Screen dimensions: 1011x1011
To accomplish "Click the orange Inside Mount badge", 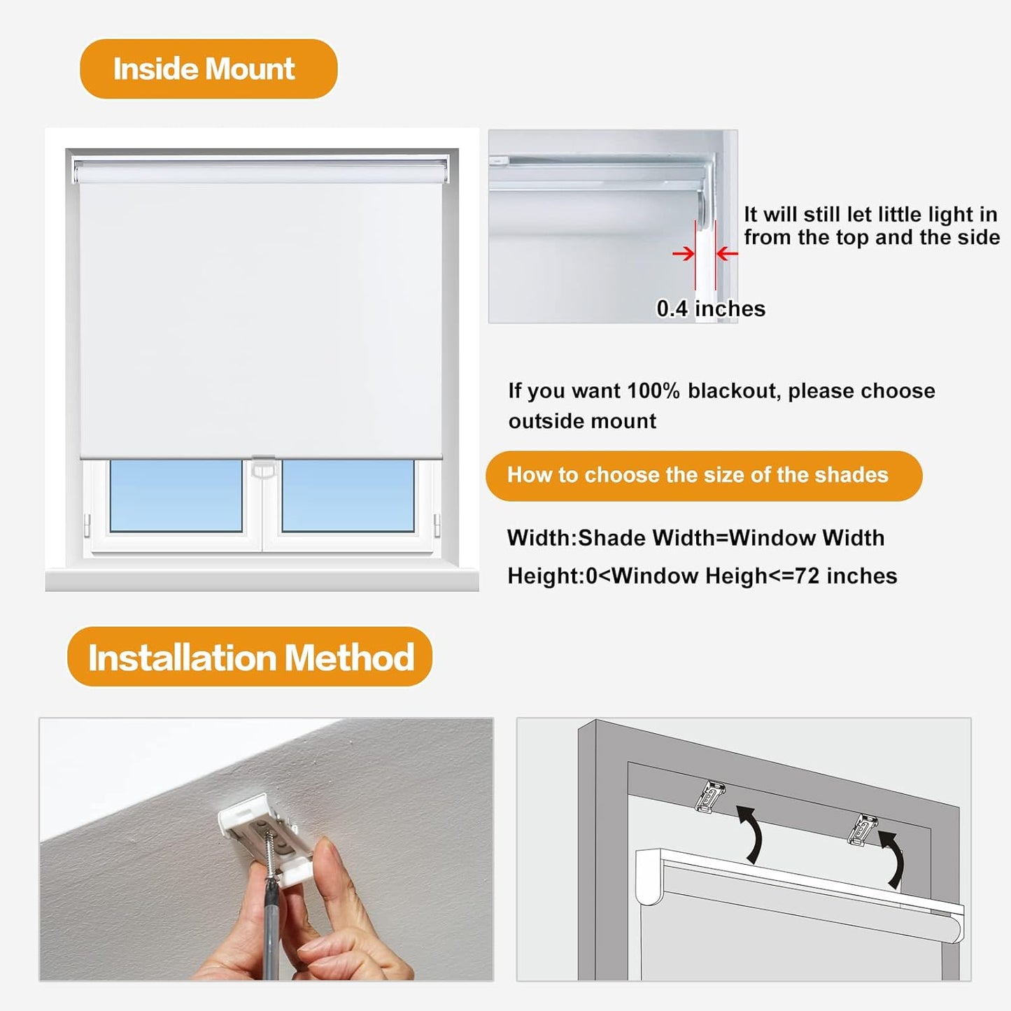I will [x=208, y=69].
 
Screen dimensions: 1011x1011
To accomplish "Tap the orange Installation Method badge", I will [x=250, y=657].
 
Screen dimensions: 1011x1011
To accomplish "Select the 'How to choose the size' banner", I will [x=703, y=475].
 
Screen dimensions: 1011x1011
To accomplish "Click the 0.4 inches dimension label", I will [x=710, y=309].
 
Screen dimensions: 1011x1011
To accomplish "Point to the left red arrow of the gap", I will [x=683, y=253].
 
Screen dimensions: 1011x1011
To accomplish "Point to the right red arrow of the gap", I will [x=728, y=253].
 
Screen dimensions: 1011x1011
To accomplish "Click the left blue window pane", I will [x=176, y=495].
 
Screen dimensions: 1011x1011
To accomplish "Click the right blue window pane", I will [x=348, y=495].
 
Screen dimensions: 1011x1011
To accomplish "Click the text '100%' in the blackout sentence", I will [x=653, y=390].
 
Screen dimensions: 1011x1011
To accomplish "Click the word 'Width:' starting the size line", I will [x=542, y=537].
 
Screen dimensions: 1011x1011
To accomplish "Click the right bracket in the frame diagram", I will [x=863, y=829].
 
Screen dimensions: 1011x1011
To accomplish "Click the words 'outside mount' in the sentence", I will [x=582, y=421].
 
